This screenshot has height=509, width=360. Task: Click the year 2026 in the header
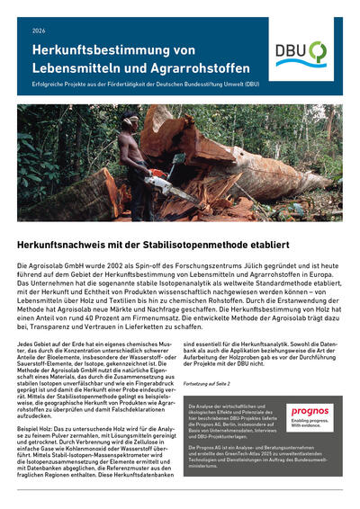click(38, 31)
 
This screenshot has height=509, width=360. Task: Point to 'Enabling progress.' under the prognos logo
click(307, 423)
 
